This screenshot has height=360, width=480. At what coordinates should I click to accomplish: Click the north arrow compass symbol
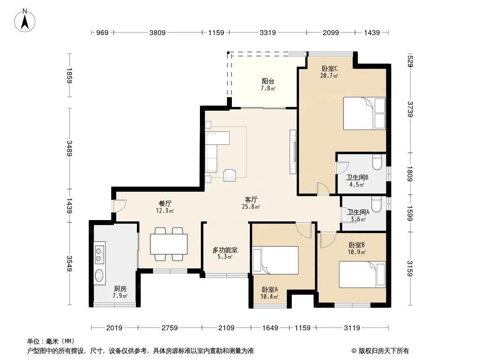pyautogui.click(x=25, y=21)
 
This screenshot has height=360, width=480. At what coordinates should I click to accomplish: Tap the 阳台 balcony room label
pyautogui.click(x=268, y=81)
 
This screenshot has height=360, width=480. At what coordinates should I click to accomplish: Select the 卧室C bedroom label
pyautogui.click(x=330, y=68)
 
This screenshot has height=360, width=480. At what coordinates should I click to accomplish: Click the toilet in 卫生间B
pyautogui.click(x=377, y=162)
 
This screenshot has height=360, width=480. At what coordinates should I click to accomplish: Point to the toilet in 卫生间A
pyautogui.click(x=376, y=204)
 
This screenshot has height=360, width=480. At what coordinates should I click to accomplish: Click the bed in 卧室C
pyautogui.click(x=364, y=113)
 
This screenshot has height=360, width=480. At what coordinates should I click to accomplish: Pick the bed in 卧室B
pyautogui.click(x=362, y=274)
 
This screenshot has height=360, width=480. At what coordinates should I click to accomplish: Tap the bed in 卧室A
pyautogui.click(x=275, y=260)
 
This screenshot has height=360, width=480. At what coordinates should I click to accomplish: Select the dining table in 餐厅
pyautogui.click(x=169, y=244)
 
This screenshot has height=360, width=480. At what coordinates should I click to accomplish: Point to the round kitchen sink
pyautogui.click(x=99, y=275)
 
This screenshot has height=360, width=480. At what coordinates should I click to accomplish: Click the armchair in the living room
pyautogui.click(x=230, y=175)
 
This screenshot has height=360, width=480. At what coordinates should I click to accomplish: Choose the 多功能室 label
pyautogui.click(x=225, y=250)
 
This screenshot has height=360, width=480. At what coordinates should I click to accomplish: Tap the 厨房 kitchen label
pyautogui.click(x=120, y=288)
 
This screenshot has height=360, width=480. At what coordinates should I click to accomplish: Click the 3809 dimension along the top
pyautogui.click(x=157, y=32)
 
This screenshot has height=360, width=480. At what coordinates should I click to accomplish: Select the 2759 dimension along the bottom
pyautogui.click(x=170, y=328)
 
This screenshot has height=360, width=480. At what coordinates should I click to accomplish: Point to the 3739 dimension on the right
pyautogui.click(x=410, y=109)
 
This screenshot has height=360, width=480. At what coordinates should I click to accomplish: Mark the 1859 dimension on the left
pyautogui.click(x=69, y=76)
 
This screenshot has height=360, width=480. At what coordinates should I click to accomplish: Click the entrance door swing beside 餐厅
pyautogui.click(x=120, y=206)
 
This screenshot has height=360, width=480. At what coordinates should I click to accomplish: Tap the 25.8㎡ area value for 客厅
pyautogui.click(x=251, y=207)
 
